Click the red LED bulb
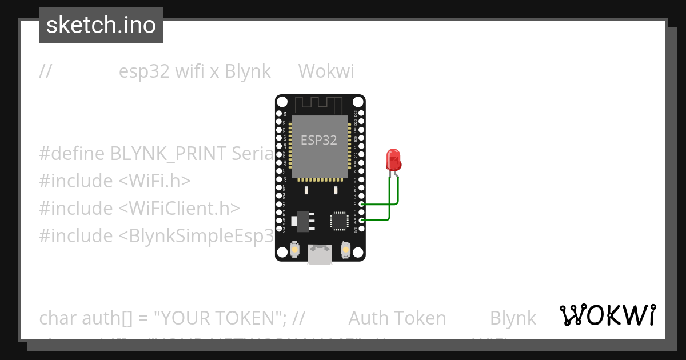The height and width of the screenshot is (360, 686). (x=394, y=159)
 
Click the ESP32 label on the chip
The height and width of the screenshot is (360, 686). (x=319, y=140)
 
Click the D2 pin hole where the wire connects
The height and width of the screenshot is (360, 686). (x=361, y=203)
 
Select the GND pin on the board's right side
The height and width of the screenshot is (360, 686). (x=361, y=220)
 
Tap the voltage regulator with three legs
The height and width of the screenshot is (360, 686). (x=301, y=220)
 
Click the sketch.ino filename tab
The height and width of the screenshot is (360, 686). (x=101, y=25)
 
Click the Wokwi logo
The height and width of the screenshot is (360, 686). (x=608, y=315)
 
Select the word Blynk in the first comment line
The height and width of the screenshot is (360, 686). (x=248, y=71)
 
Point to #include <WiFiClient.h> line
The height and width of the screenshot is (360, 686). (x=139, y=208)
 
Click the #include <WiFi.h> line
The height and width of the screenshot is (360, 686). (x=114, y=181)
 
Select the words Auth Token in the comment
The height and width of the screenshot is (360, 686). (x=397, y=318)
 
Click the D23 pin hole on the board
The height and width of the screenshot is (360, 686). (x=361, y=114)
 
